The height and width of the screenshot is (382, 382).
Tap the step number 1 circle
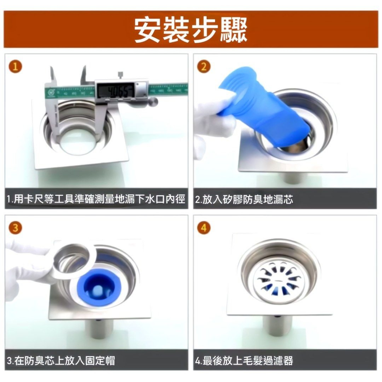[x=15, y=67]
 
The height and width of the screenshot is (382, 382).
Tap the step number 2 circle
[x=204, y=67]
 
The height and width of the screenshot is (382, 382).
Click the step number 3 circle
[x=15, y=228]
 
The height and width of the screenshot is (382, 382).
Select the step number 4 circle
[x=204, y=228]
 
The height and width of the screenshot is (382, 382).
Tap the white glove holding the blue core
[x=214, y=118]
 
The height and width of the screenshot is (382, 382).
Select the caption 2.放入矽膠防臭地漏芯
[x=244, y=199]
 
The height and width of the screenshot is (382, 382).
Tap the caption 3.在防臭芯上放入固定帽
[x=61, y=361]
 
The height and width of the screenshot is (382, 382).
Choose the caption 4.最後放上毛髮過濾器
[x=244, y=361]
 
